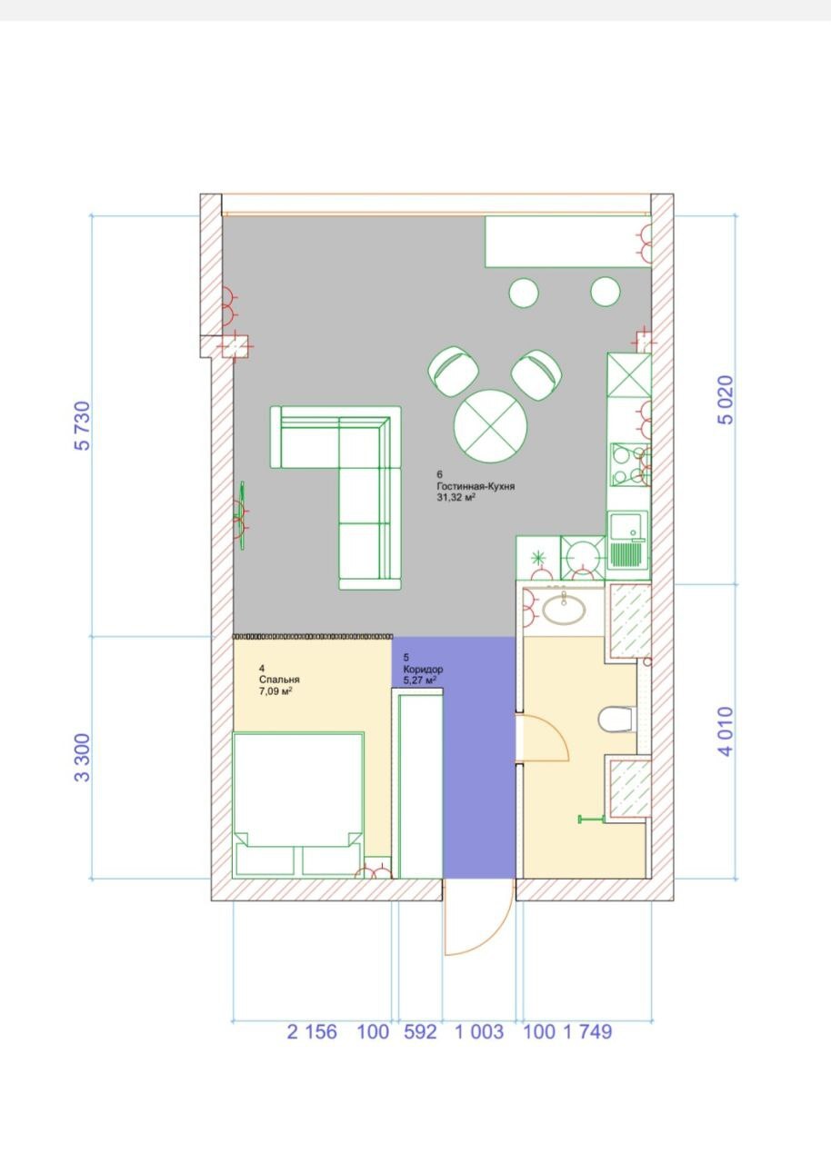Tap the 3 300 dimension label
tap(84, 758)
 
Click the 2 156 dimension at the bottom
tap(312, 1032)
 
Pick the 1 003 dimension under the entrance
tap(478, 1032)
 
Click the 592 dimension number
tap(419, 1032)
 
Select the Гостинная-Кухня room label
tap(476, 487)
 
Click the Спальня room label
tap(279, 680)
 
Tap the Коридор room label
tap(424, 670)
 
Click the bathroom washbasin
tap(565, 607)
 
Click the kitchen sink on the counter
tap(626, 541)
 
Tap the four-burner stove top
tap(627, 463)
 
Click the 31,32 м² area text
tap(457, 498)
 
